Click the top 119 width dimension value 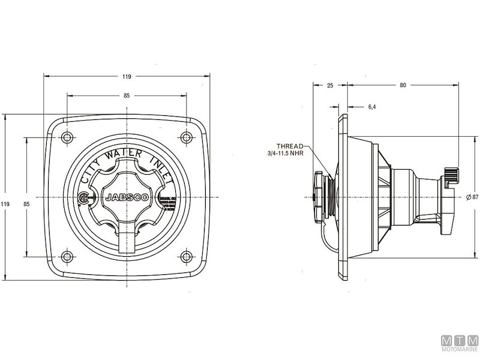[x=127, y=77]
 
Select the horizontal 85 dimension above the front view [x=127, y=95]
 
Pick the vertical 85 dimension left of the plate [x=26, y=204]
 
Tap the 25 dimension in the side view [x=329, y=85]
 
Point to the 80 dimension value [x=403, y=85]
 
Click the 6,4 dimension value [x=371, y=107]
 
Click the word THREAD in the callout [x=290, y=146]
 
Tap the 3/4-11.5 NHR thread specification [x=287, y=154]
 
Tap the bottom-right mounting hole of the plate [x=187, y=257]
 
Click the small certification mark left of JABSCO [x=85, y=197]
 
